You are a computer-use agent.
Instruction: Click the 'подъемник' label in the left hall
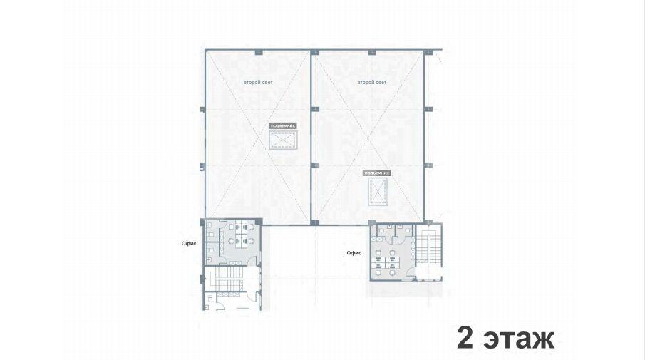click(283, 125)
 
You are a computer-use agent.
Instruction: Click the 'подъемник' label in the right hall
click(376, 173)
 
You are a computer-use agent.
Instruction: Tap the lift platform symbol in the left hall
click(283, 140)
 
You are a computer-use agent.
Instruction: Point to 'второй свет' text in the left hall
click(258, 83)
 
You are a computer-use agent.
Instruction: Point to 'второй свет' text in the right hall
click(372, 83)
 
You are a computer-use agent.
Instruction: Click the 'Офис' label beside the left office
click(189, 244)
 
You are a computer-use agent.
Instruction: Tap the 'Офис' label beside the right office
click(354, 253)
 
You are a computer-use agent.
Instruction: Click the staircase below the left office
click(229, 279)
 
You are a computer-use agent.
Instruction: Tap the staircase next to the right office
click(428, 247)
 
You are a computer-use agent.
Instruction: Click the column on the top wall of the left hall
click(258, 52)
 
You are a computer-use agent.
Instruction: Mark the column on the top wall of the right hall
click(372, 52)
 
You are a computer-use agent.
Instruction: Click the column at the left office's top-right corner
click(258, 222)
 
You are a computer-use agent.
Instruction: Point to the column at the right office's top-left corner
click(372, 222)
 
